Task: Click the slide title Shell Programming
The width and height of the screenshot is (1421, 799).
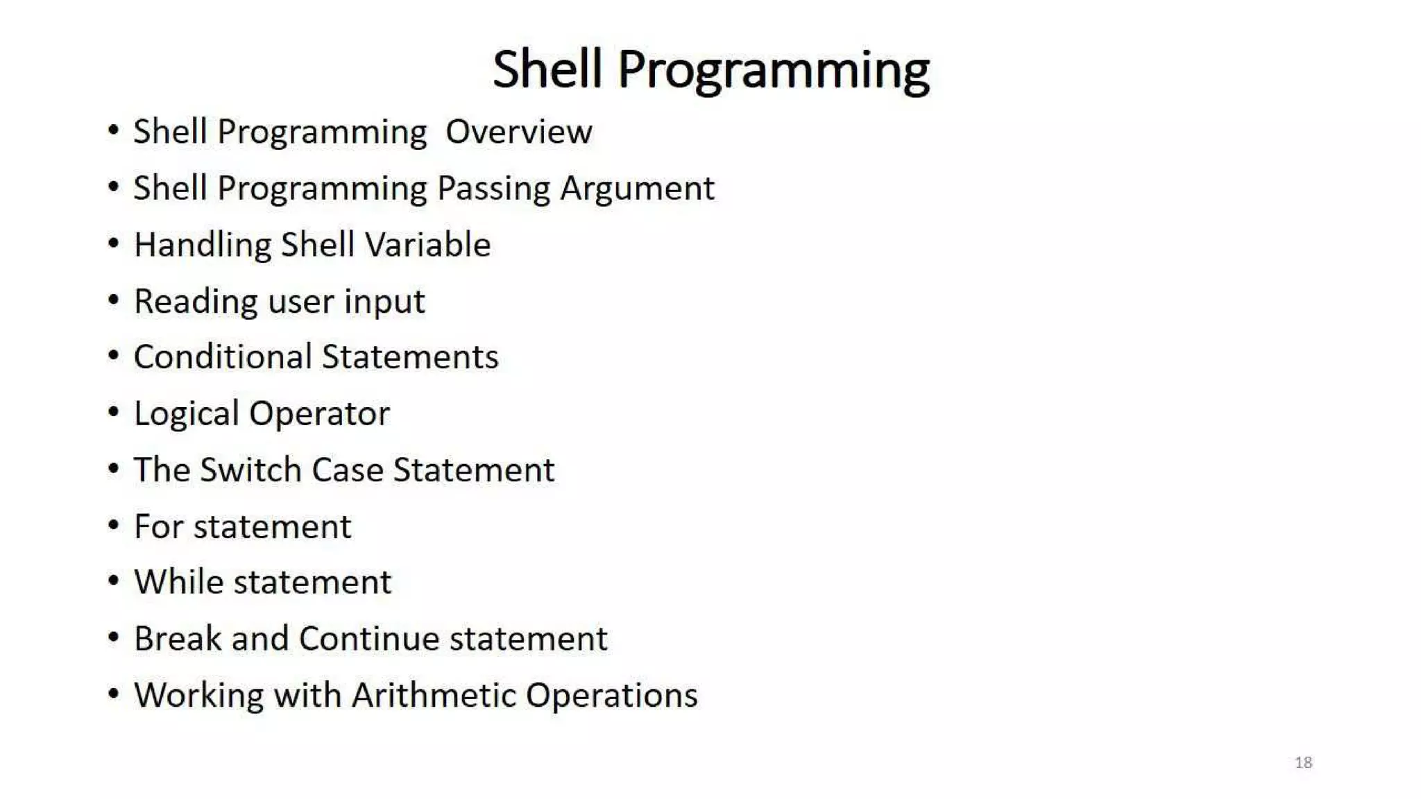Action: (x=710, y=69)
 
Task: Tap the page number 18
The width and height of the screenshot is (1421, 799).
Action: (x=1303, y=762)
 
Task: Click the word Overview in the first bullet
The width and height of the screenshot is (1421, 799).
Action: (x=518, y=132)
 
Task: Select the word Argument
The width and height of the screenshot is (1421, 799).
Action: (x=637, y=189)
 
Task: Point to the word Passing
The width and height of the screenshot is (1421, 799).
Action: (x=493, y=189)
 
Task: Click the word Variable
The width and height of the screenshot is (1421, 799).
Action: (x=427, y=245)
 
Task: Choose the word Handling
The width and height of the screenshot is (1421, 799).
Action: (x=202, y=245)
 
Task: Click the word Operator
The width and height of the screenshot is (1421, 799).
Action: (x=319, y=414)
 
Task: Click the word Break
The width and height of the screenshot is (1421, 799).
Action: (x=177, y=639)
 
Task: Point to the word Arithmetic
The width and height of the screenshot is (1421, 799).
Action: (x=434, y=695)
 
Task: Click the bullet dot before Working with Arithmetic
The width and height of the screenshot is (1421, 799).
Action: (x=114, y=694)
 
